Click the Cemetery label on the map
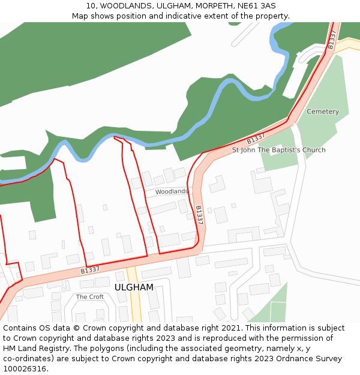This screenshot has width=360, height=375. [x=323, y=112]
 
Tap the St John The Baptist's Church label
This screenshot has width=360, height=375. [x=279, y=150]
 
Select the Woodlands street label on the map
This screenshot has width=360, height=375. [x=171, y=192]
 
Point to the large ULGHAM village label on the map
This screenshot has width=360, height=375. [x=134, y=287]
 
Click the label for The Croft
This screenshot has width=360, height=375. [x=90, y=297]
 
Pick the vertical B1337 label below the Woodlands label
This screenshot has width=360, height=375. [x=199, y=215]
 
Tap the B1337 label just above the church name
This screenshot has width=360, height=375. [x=256, y=139]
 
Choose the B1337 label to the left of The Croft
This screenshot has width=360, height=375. [x=90, y=271]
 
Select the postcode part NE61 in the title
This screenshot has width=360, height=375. [x=244, y=5]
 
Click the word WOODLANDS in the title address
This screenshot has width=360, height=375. [x=123, y=5]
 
